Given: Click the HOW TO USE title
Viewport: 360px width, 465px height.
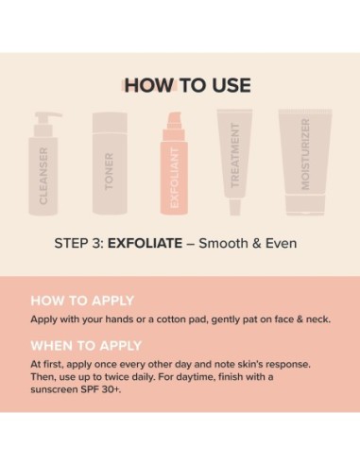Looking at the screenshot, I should point(187,85).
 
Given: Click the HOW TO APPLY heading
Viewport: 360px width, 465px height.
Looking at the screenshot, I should point(82,301).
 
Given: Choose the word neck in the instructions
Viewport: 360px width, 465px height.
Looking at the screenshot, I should point(315,319).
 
